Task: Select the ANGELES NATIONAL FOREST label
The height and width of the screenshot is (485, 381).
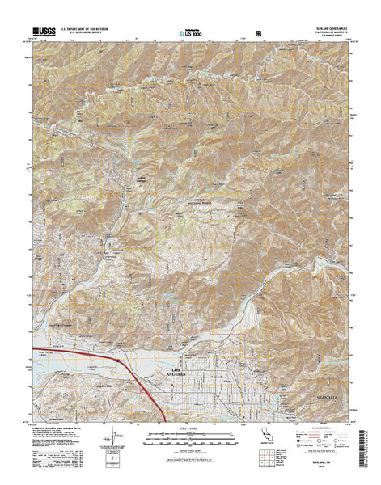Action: pos(195,206)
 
